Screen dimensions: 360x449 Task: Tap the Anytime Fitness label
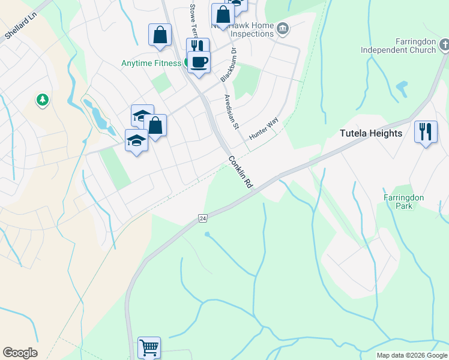151,63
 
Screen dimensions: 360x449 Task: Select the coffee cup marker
199,61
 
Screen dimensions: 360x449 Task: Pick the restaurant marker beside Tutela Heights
426,131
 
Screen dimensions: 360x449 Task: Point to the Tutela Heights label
371,133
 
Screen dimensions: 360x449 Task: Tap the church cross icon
444,45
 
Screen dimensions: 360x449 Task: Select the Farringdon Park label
404,202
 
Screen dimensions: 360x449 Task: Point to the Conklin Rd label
240,173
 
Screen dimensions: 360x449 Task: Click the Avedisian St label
232,111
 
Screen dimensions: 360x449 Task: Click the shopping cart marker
149,347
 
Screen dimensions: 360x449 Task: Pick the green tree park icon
43,99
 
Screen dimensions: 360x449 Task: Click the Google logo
20,353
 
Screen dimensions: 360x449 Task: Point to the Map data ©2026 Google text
412,355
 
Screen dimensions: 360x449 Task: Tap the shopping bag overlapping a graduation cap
155,126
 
